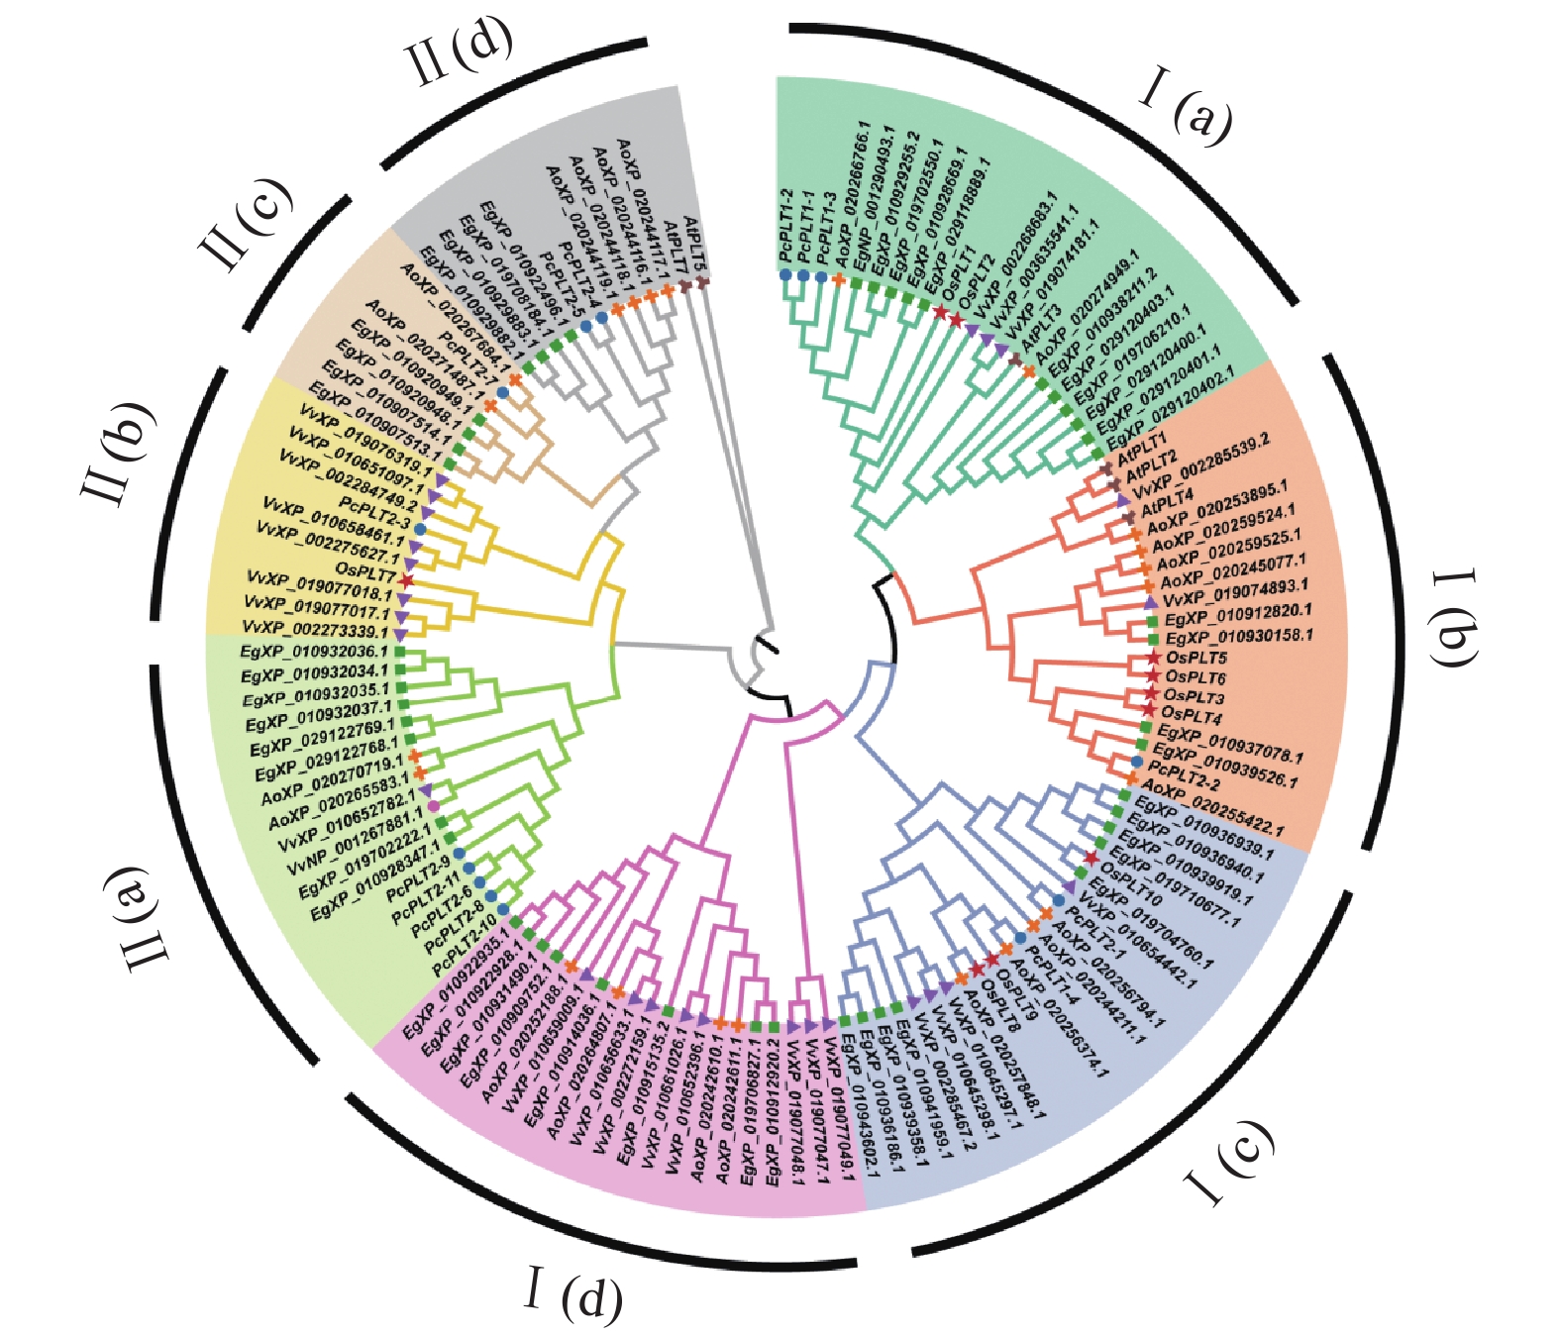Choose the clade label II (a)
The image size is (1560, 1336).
click(146, 918)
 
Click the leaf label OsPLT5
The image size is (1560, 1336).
click(1196, 659)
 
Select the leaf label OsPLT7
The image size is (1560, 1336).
click(365, 572)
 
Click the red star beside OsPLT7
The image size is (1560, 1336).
click(405, 580)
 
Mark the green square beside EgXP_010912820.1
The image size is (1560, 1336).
click(1152, 619)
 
